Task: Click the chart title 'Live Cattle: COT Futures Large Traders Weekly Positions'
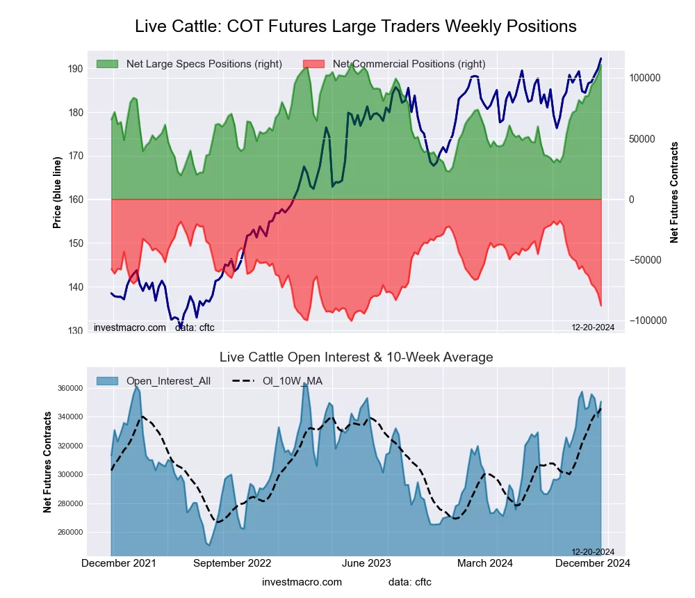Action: point(355,26)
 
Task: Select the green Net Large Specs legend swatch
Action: point(108,64)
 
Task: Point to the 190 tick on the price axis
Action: point(75,69)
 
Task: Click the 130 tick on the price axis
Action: point(75,331)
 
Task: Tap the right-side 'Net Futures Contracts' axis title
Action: point(674,193)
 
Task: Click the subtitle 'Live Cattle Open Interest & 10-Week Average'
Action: point(356,357)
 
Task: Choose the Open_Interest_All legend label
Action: point(168,381)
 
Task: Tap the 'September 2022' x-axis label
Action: point(231,563)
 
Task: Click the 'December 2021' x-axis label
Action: point(119,563)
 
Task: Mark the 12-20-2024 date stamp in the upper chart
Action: point(593,327)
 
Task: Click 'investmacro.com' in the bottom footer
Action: point(302,582)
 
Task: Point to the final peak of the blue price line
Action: point(601,58)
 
